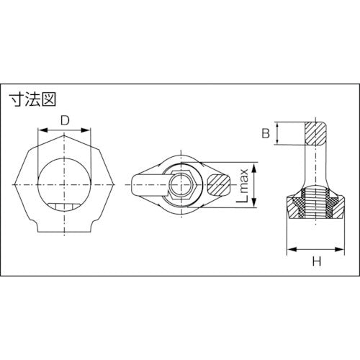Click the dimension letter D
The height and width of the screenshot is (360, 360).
(65, 120)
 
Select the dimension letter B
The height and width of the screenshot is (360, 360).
(265, 133)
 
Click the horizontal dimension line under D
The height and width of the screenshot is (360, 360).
(65, 130)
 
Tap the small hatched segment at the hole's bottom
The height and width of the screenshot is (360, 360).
(66, 209)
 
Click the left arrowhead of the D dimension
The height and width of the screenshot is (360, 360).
(40, 130)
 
